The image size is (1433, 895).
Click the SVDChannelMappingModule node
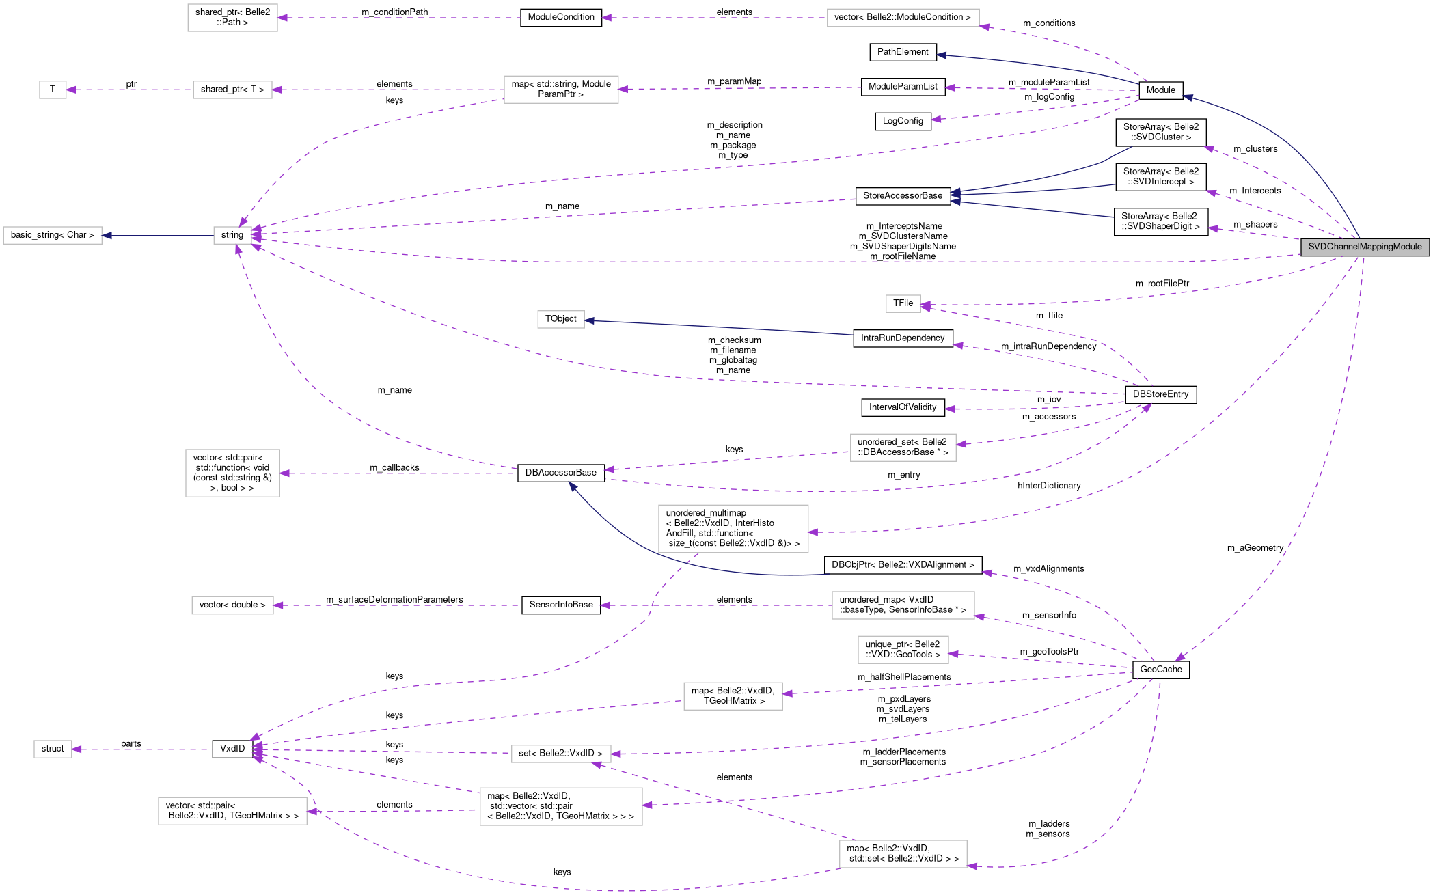tap(1365, 247)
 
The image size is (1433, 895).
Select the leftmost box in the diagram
tap(53, 235)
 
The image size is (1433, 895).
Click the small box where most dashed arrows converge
tap(232, 235)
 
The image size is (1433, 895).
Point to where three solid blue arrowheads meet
tap(955, 195)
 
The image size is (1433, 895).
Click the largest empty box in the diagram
tap(733, 529)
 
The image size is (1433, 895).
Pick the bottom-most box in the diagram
tap(903, 854)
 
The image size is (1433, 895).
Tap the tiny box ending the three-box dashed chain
tap(53, 89)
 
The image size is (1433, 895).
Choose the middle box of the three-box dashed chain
tap(232, 89)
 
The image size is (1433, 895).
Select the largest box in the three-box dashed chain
tap(561, 89)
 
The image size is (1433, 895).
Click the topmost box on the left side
tap(232, 18)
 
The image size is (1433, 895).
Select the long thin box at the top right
tap(903, 18)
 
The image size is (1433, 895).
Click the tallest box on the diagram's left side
tap(232, 473)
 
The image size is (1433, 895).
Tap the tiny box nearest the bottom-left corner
tap(53, 749)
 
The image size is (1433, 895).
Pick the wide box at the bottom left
tap(232, 811)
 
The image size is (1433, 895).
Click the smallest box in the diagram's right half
tap(903, 304)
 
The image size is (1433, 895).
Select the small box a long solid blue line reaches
tap(560, 319)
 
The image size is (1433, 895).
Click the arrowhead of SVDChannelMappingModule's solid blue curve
tap(1188, 98)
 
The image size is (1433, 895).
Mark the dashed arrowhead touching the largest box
tap(813, 532)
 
